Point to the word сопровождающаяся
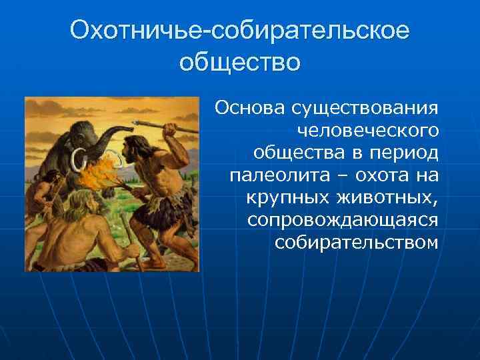coord(342,220)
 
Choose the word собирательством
coord(356,242)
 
